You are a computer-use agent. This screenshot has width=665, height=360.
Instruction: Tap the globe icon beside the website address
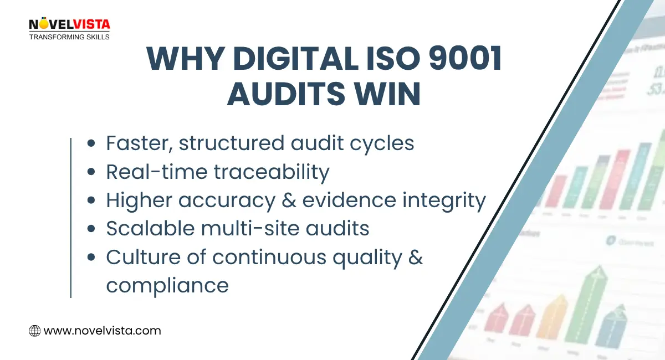click(x=34, y=331)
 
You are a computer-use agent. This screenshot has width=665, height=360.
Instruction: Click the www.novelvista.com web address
click(x=102, y=331)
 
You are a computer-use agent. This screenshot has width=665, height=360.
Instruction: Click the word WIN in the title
click(x=392, y=94)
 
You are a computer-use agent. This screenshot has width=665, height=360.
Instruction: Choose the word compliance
click(x=167, y=286)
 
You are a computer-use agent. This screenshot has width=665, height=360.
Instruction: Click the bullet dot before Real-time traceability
click(x=92, y=173)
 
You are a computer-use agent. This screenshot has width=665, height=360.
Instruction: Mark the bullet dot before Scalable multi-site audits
click(x=92, y=229)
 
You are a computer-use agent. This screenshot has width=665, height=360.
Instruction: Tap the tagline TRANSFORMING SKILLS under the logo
click(x=69, y=37)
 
